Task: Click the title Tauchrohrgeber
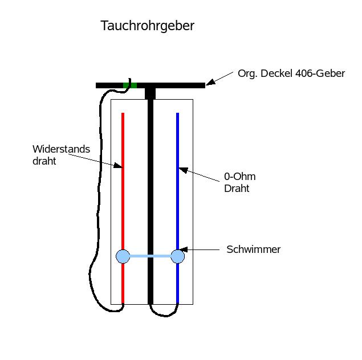point(147,26)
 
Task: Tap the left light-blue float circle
point(123,256)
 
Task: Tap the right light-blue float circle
point(178,256)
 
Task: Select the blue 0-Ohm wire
point(178,211)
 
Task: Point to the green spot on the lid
point(130,85)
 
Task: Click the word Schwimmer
point(253,249)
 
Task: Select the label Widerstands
point(61,149)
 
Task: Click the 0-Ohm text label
point(239,177)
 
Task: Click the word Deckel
point(274,73)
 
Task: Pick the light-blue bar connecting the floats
point(151,256)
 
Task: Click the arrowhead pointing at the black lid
point(210,83)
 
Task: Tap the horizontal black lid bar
point(171,85)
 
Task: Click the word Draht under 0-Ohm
point(237,189)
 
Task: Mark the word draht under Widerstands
point(44,161)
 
